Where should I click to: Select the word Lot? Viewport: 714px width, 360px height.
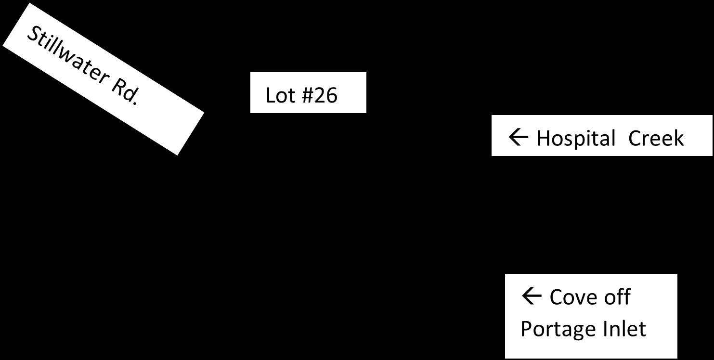[280, 95]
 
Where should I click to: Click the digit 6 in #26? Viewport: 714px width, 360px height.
[332, 95]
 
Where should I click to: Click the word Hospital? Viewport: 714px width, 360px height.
[576, 139]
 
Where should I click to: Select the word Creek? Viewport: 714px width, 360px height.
[656, 138]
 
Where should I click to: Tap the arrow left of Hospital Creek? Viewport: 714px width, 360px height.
[519, 137]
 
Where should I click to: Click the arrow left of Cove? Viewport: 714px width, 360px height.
[532, 296]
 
